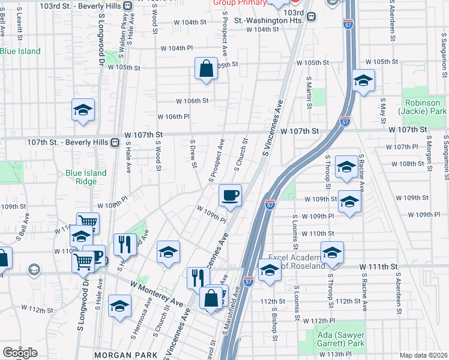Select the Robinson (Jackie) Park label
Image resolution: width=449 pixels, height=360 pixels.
tap(425, 107)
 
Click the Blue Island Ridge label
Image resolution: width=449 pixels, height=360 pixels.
tap(86, 177)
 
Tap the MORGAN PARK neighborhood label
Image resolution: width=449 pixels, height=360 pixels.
tap(125, 355)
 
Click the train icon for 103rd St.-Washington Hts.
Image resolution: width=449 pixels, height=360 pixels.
tap(311, 17)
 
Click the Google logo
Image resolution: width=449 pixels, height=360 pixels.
tap(19, 352)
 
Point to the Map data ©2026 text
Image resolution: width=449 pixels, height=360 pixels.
tap(423, 355)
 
